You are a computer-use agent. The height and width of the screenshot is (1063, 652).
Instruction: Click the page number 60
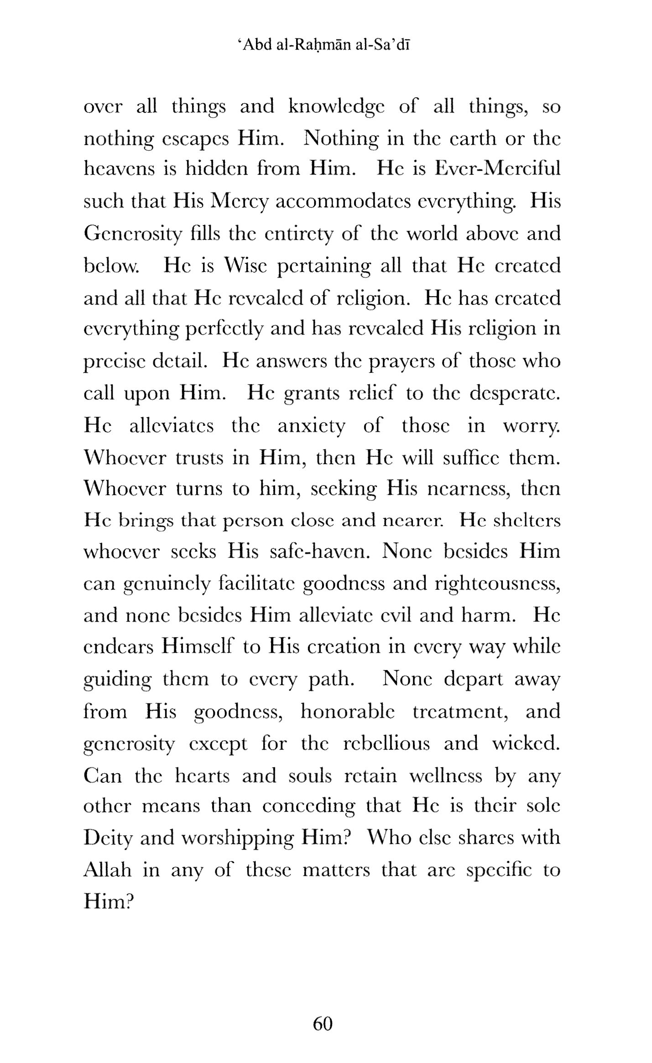click(x=323, y=1023)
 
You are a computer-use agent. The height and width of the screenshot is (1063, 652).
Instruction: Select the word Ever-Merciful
click(x=497, y=169)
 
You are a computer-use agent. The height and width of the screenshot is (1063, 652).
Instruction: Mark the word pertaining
click(x=323, y=266)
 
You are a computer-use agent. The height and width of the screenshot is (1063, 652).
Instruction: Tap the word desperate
click(x=515, y=393)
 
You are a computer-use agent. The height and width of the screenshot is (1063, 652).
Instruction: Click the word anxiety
click(x=312, y=426)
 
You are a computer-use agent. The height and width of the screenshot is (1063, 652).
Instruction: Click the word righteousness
click(x=497, y=584)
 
